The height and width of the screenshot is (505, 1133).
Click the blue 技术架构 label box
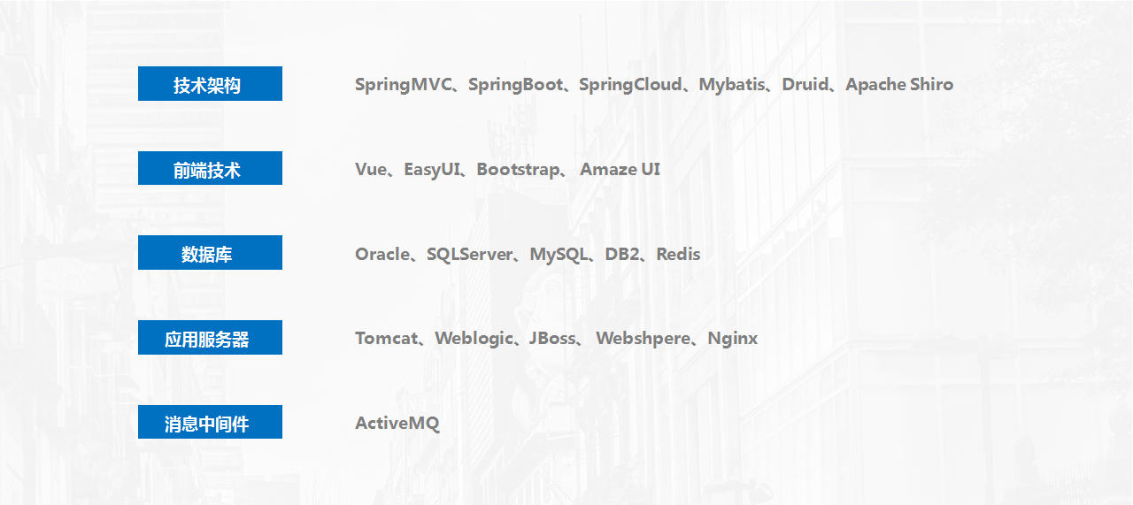(210, 83)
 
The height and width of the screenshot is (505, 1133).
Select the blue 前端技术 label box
(210, 168)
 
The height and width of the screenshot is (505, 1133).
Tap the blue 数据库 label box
(210, 252)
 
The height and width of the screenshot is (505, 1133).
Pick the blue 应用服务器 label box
(210, 337)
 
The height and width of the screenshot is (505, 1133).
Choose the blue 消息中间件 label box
(210, 422)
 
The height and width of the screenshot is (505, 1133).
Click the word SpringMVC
(403, 85)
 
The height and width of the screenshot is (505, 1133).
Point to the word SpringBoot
(515, 85)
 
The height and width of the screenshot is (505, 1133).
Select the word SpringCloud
(630, 85)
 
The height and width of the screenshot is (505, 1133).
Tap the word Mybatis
(732, 85)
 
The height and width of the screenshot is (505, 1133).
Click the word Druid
(805, 84)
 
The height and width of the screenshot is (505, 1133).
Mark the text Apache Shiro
(899, 85)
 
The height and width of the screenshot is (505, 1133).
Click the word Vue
(371, 169)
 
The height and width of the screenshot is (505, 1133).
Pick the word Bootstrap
(518, 170)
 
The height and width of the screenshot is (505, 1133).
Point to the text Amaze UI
(620, 169)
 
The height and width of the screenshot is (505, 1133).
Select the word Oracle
(382, 254)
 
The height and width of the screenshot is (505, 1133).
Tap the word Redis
(678, 254)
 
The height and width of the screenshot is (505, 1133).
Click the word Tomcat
(387, 338)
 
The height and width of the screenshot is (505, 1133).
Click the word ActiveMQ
(397, 423)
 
